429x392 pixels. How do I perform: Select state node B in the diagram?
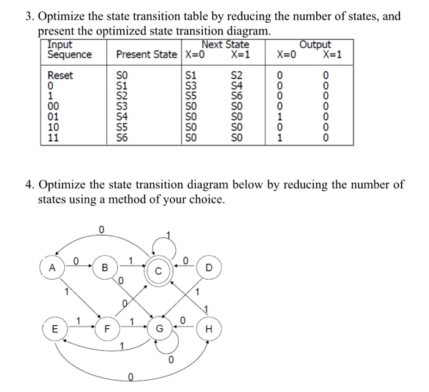coord(105,267)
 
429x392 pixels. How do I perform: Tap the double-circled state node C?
coord(158,271)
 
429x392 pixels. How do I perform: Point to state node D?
coord(210,267)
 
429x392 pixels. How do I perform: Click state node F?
coord(105,328)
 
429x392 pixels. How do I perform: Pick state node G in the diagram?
coord(158,328)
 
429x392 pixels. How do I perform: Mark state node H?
coord(210,328)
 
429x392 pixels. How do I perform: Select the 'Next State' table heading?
coord(225,45)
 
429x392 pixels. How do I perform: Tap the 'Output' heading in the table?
coord(315,45)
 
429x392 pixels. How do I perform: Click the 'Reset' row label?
coord(61,75)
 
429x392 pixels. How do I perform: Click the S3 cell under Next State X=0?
coord(193,86)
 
